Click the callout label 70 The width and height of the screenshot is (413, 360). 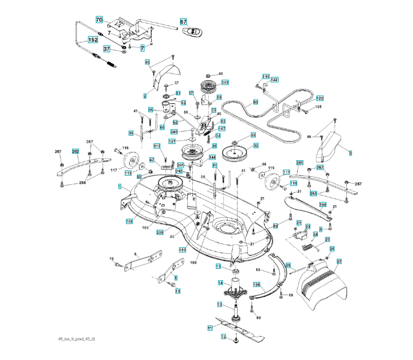click(99, 20)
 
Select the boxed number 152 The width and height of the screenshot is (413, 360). click(93, 40)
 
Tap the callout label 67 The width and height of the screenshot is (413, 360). click(184, 21)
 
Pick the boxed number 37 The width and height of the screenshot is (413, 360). click(106, 49)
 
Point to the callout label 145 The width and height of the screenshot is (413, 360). click(225, 82)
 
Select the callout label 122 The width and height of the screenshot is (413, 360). click(274, 80)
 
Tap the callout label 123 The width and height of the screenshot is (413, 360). click(319, 98)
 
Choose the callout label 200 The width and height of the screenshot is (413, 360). click(160, 232)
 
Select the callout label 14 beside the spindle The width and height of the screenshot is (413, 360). click(220, 283)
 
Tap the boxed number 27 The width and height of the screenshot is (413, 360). click(339, 262)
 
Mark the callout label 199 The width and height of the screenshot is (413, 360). click(256, 285)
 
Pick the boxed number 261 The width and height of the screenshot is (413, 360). click(300, 163)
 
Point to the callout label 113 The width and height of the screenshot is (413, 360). click(157, 146)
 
